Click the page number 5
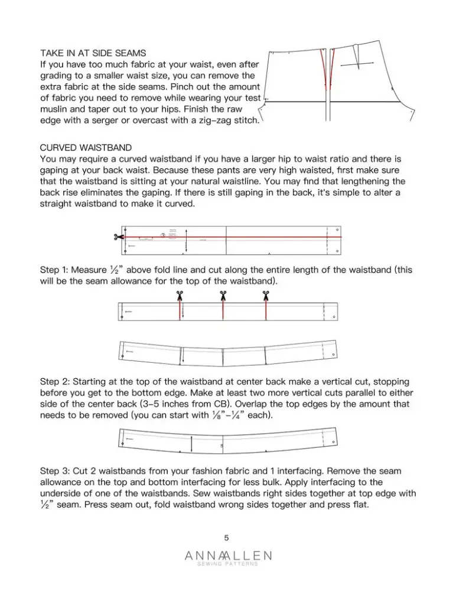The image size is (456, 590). [x=227, y=537]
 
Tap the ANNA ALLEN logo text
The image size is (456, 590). [x=227, y=556]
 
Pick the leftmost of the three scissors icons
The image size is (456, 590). [x=180, y=295]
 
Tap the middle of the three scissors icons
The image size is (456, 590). [x=223, y=295]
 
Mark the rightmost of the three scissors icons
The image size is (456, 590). [x=266, y=295]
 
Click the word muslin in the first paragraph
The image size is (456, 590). [x=54, y=110]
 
